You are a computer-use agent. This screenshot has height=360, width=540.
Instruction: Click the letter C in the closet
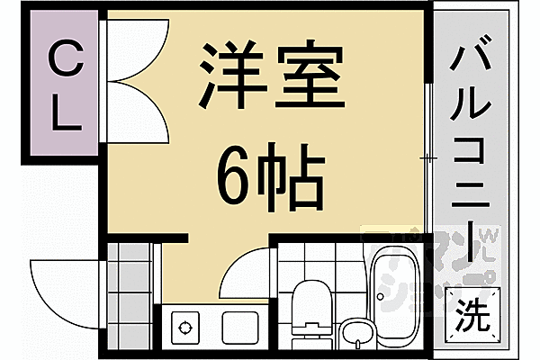[x=62, y=62]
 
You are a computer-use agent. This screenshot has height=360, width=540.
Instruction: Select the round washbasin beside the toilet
[x=357, y=332]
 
